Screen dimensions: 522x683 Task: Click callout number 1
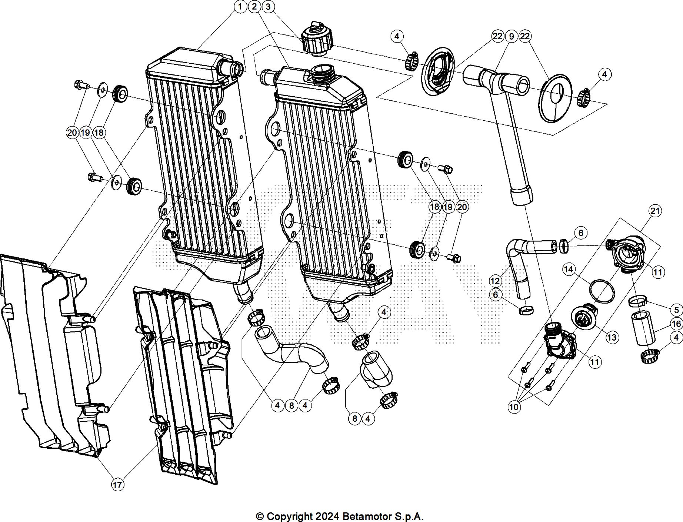tap(240, 7)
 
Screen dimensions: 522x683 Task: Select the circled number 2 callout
tap(254, 7)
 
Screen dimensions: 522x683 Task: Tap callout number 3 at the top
tap(268, 7)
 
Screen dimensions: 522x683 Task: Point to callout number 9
tap(511, 36)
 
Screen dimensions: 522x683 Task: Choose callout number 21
tap(655, 211)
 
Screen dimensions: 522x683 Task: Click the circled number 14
tap(569, 269)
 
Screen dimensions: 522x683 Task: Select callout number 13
tap(612, 337)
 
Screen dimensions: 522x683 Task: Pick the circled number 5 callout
tap(676, 310)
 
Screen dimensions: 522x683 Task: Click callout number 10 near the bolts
tap(514, 407)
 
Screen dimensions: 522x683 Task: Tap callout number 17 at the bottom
tap(117, 485)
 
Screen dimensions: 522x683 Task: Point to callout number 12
tap(495, 281)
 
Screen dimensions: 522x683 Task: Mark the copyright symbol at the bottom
tap(260, 516)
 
